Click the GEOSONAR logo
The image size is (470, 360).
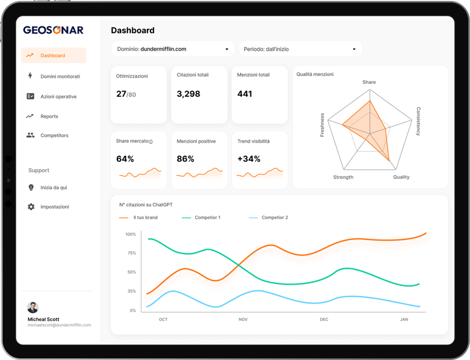53,30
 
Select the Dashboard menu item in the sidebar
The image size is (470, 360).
53,56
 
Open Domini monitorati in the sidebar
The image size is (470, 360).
60,77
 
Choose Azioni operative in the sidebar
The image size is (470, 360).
58,97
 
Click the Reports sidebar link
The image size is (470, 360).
49,116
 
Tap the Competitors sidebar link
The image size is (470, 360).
54,135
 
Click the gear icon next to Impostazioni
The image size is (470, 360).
31,207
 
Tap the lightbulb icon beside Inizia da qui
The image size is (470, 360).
31,187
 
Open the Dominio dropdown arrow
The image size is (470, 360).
226,49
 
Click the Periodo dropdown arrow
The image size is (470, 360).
354,49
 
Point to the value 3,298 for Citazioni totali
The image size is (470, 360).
188,94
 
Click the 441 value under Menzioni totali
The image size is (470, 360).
245,94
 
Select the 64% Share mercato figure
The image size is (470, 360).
125,159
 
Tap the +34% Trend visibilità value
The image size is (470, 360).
248,159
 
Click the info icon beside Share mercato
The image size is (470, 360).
151,142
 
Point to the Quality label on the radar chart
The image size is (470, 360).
401,177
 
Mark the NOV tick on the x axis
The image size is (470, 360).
243,320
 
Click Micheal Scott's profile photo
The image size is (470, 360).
33,307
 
